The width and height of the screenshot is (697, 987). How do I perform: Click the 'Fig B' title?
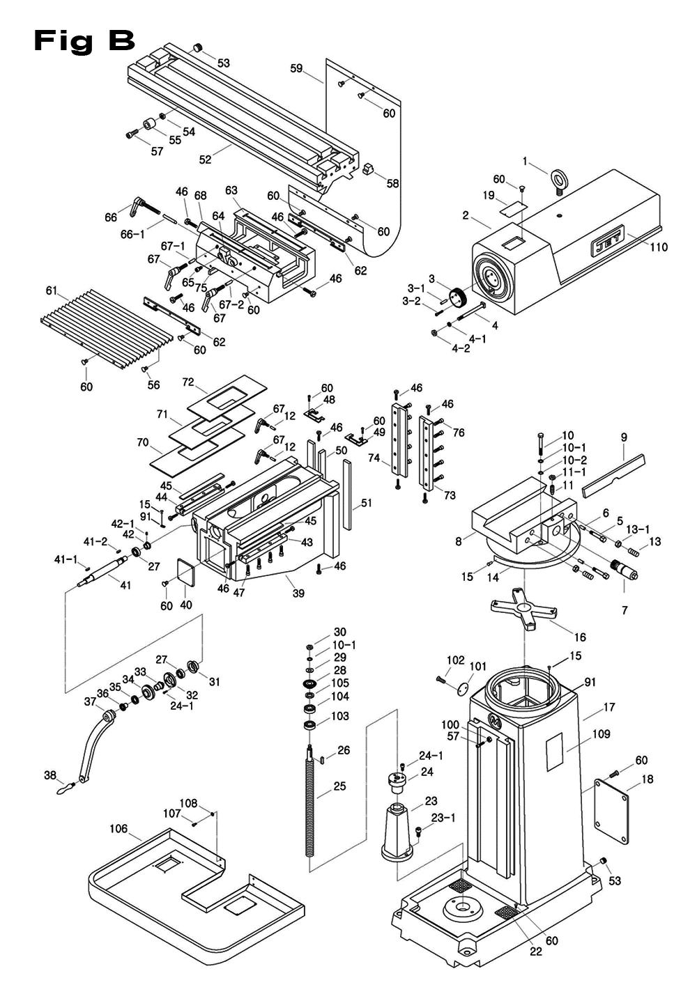(84, 41)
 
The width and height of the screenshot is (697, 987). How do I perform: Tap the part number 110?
(658, 247)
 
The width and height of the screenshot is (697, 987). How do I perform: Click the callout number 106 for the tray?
(118, 829)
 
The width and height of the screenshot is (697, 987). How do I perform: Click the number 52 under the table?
(204, 160)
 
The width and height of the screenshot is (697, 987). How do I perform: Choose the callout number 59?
(297, 68)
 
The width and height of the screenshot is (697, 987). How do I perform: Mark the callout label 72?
(187, 382)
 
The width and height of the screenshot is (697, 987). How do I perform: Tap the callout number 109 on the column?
(601, 733)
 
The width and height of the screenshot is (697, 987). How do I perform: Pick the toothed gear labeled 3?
(457, 296)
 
